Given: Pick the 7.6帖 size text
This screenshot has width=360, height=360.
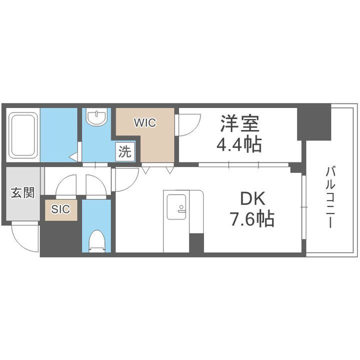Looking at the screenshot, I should coord(252,219).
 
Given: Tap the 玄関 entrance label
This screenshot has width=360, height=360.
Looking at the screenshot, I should coord(23,192).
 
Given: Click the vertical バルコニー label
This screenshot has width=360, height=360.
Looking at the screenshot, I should coord(330,198).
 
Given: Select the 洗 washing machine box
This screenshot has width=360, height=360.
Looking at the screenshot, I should coord(124,151).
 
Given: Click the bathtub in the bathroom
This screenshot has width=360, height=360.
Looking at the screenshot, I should coord(23,134).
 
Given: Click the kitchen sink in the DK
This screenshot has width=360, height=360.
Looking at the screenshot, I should coord(176,206).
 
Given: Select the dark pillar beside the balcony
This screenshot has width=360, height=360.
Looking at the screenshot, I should coord(313,122).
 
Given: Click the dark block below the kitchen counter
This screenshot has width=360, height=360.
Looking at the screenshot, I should coord(196,243).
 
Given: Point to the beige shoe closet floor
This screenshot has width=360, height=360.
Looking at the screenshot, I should coord(61,210).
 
